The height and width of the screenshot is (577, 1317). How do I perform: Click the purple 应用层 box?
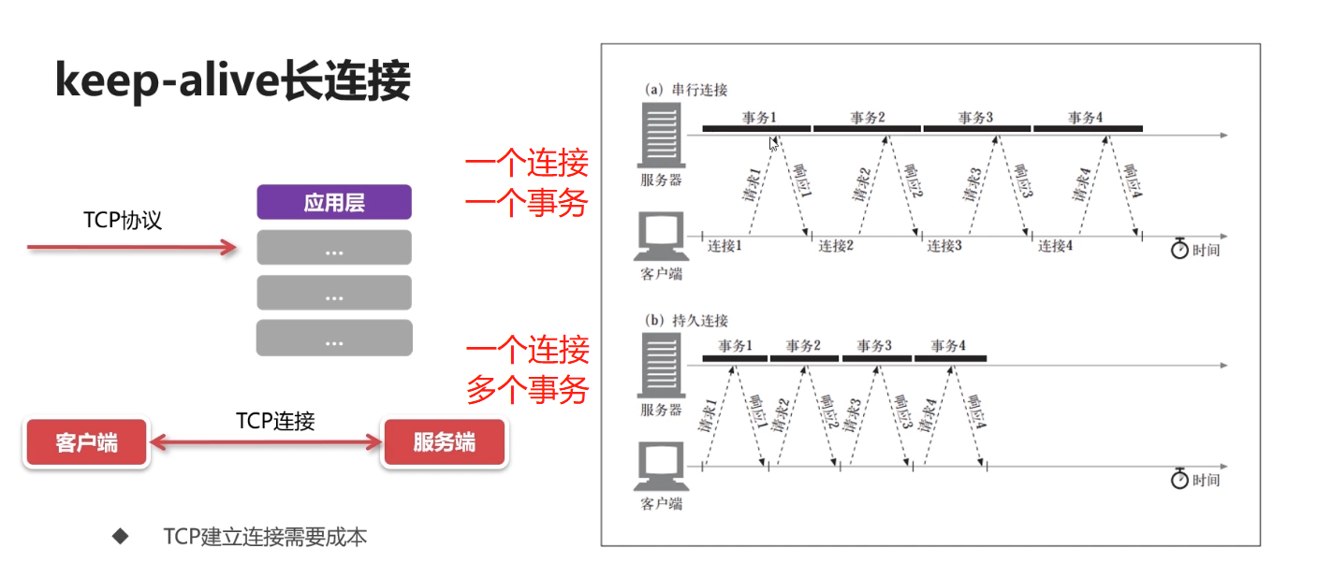click(334, 202)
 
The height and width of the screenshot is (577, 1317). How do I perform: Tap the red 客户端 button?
click(86, 442)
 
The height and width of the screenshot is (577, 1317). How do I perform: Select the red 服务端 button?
click(444, 442)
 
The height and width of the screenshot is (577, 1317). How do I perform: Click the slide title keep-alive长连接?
click(232, 82)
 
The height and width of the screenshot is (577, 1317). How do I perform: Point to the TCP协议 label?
click(123, 221)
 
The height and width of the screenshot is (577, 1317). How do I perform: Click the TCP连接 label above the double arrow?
click(275, 421)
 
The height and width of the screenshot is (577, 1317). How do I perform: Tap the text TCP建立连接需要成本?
click(265, 537)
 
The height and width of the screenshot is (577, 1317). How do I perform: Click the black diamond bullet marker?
click(120, 536)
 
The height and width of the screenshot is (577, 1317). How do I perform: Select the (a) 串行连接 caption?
click(686, 90)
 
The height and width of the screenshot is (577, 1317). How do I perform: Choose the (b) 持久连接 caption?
click(686, 320)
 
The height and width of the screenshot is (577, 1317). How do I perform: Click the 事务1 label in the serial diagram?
click(759, 118)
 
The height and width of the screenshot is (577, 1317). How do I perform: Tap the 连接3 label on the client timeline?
click(944, 246)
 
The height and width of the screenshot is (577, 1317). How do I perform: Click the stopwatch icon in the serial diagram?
click(1179, 250)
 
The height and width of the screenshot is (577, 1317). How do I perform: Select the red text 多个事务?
click(528, 389)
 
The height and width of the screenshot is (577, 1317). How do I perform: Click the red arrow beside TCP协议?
click(131, 247)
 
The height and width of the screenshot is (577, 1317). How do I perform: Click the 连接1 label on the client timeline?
click(725, 246)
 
